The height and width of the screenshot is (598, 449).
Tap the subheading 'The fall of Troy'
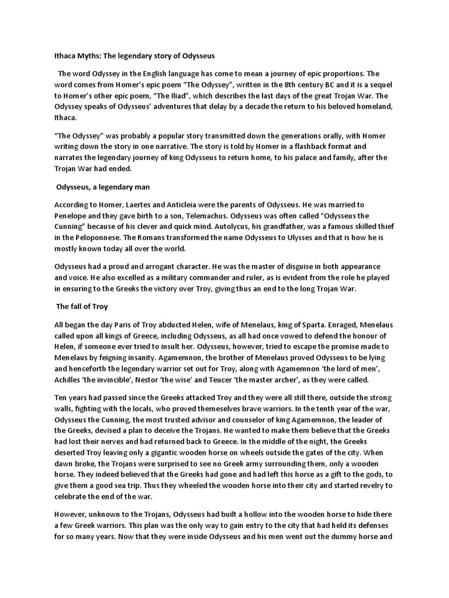[82, 306]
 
